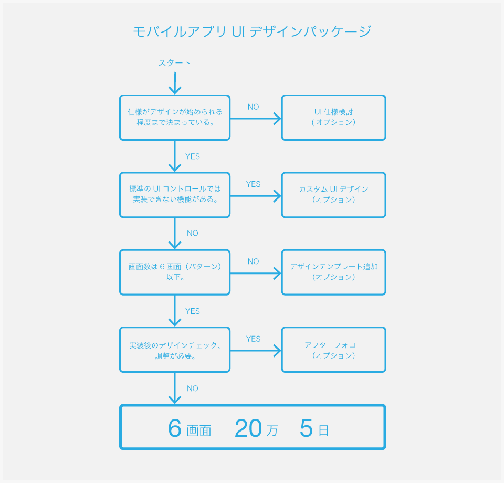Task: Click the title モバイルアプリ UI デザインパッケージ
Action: (x=253, y=31)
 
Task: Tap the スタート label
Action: (x=174, y=62)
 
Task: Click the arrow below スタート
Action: (x=175, y=83)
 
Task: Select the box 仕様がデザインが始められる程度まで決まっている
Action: (x=175, y=118)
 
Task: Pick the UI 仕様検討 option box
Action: (x=334, y=118)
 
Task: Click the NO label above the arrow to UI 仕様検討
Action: (x=253, y=107)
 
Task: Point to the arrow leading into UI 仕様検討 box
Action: (x=256, y=119)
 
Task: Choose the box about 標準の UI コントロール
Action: (x=175, y=195)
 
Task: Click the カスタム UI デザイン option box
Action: (x=334, y=195)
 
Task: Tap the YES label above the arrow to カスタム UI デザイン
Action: (x=253, y=184)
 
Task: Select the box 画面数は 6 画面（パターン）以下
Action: (x=175, y=272)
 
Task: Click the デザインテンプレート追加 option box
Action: (x=334, y=272)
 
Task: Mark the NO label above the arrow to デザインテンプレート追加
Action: (x=253, y=261)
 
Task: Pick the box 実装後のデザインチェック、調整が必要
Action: (x=175, y=350)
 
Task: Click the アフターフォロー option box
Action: (x=334, y=350)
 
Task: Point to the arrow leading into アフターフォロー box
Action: (x=256, y=351)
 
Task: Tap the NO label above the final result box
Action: (x=193, y=388)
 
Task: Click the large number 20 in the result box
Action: (x=248, y=428)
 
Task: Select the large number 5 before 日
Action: (x=306, y=428)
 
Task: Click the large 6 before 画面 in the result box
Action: (x=175, y=428)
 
